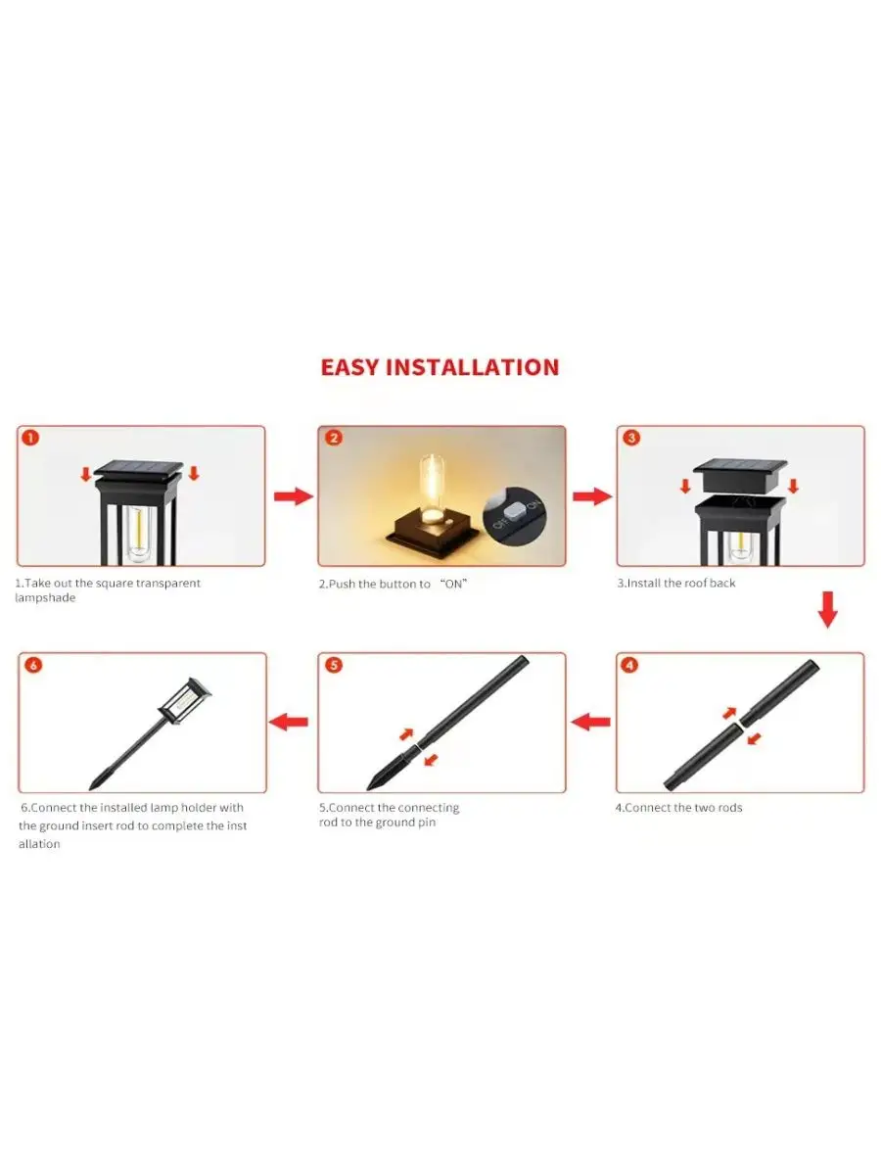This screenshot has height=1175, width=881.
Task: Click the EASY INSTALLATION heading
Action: (x=440, y=367)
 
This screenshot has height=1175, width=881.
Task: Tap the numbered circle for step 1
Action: (x=30, y=438)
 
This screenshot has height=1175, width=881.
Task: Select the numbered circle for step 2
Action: (x=333, y=438)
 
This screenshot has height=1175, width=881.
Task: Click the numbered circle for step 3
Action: (x=631, y=438)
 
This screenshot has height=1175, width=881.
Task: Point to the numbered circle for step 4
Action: (x=630, y=665)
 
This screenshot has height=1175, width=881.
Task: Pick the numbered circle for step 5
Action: (x=333, y=665)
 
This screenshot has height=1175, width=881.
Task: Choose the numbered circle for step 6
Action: (x=33, y=665)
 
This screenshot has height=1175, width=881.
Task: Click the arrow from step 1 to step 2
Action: (x=293, y=496)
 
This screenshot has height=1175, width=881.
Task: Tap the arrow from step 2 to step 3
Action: (x=591, y=496)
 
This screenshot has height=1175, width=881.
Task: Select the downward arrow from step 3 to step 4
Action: (x=827, y=609)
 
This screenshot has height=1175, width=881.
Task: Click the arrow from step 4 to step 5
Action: (x=590, y=722)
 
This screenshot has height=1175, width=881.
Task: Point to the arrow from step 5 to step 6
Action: (x=289, y=722)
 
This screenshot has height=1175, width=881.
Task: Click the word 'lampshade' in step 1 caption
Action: (x=45, y=598)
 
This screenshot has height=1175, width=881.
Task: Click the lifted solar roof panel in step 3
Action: (x=740, y=474)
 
